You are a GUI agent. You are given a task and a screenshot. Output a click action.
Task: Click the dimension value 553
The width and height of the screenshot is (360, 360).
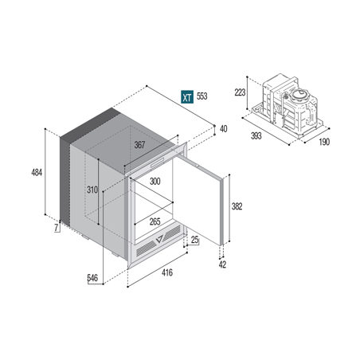pyautogui.click(x=202, y=97)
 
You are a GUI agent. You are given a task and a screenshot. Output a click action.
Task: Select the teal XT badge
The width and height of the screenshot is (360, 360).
pyautogui.click(x=185, y=97)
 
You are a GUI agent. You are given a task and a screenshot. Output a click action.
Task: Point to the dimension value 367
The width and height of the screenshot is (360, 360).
pyautogui.click(x=139, y=145)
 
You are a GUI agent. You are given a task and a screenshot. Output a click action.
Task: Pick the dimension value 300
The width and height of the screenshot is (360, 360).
pyautogui.click(x=156, y=182)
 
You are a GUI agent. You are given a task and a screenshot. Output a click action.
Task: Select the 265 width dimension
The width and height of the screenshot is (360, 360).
pyautogui.click(x=155, y=221)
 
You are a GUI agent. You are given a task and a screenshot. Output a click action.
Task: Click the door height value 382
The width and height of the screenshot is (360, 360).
pyautogui.click(x=236, y=206)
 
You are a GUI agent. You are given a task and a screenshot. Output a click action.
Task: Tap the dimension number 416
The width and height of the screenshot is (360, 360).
pyautogui.click(x=168, y=273)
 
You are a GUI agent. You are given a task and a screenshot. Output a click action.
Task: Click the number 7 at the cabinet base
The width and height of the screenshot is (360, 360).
pyautogui.click(x=56, y=229)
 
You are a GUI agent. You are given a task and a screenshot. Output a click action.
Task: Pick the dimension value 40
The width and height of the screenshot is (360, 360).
pyautogui.click(x=223, y=129)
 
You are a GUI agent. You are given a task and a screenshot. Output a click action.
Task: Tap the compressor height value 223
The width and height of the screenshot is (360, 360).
pyautogui.click(x=238, y=92)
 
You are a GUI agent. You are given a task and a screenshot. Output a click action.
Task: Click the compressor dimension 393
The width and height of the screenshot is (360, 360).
pyautogui.click(x=256, y=136)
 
